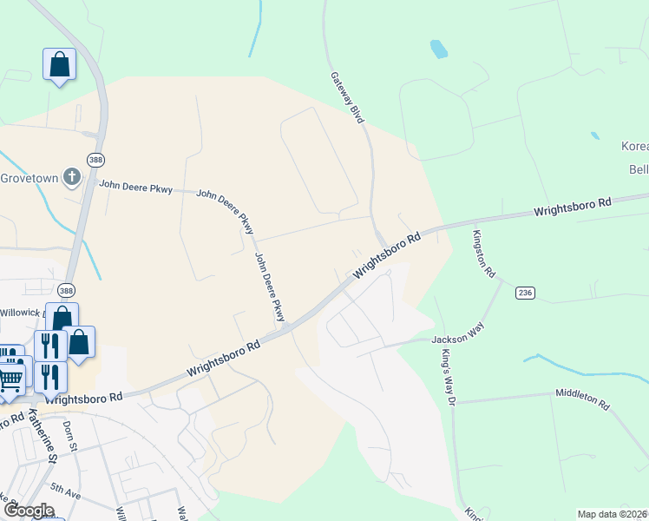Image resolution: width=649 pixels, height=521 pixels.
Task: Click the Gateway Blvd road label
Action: pos(345,97)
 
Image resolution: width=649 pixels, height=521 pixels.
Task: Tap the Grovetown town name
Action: pos(29,179)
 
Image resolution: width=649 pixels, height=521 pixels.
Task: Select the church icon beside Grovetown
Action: pos(72,179)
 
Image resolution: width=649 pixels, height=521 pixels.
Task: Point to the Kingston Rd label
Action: pos(483,254)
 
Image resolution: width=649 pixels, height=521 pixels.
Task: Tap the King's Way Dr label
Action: pos(449,374)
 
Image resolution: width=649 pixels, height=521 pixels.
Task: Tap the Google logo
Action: pos(29,511)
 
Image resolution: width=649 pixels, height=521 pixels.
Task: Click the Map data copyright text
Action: pos(612,514)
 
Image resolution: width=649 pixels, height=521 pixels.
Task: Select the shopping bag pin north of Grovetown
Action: pos(59,64)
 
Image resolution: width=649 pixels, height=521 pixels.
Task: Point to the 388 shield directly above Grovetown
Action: pos(95,160)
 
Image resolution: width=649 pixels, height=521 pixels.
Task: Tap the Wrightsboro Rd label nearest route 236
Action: pos(573,208)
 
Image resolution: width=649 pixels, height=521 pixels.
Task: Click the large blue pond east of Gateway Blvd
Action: pos(438,49)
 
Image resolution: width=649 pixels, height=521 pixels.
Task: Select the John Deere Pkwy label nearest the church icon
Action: pos(135,186)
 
